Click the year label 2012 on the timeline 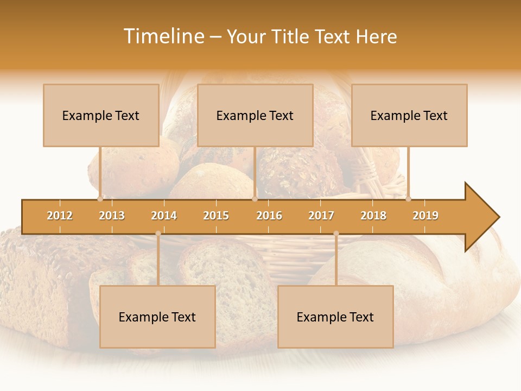[60, 216]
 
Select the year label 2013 [112, 216]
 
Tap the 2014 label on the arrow [164, 216]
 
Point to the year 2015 [216, 216]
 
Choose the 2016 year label [269, 216]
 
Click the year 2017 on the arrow [321, 216]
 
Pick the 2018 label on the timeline [373, 216]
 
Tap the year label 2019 [425, 216]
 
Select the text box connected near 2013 [101, 115]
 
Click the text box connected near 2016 [255, 115]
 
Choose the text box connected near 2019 [409, 115]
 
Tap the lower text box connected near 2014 [157, 317]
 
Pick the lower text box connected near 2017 [335, 317]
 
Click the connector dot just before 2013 [100, 199]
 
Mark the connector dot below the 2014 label [158, 234]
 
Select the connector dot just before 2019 [408, 199]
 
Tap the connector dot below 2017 [336, 234]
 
